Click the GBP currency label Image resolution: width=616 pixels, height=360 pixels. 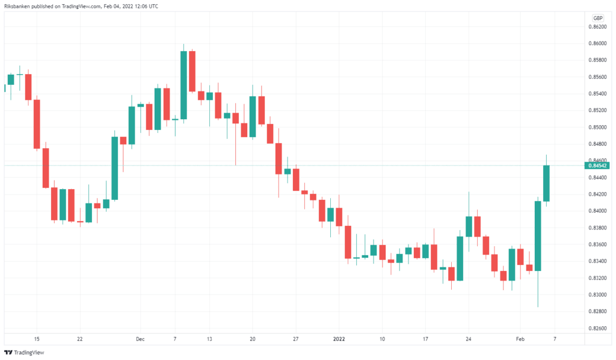(x=598, y=18)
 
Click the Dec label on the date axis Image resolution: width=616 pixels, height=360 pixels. (x=140, y=339)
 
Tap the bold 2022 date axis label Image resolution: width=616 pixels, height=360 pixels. (x=339, y=339)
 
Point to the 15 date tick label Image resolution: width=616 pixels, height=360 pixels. (x=37, y=339)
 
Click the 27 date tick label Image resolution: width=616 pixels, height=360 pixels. (x=296, y=339)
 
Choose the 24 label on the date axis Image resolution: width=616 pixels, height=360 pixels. (x=468, y=339)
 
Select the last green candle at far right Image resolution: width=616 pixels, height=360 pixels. (x=546, y=183)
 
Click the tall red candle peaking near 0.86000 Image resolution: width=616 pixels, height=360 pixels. (x=192, y=71)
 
